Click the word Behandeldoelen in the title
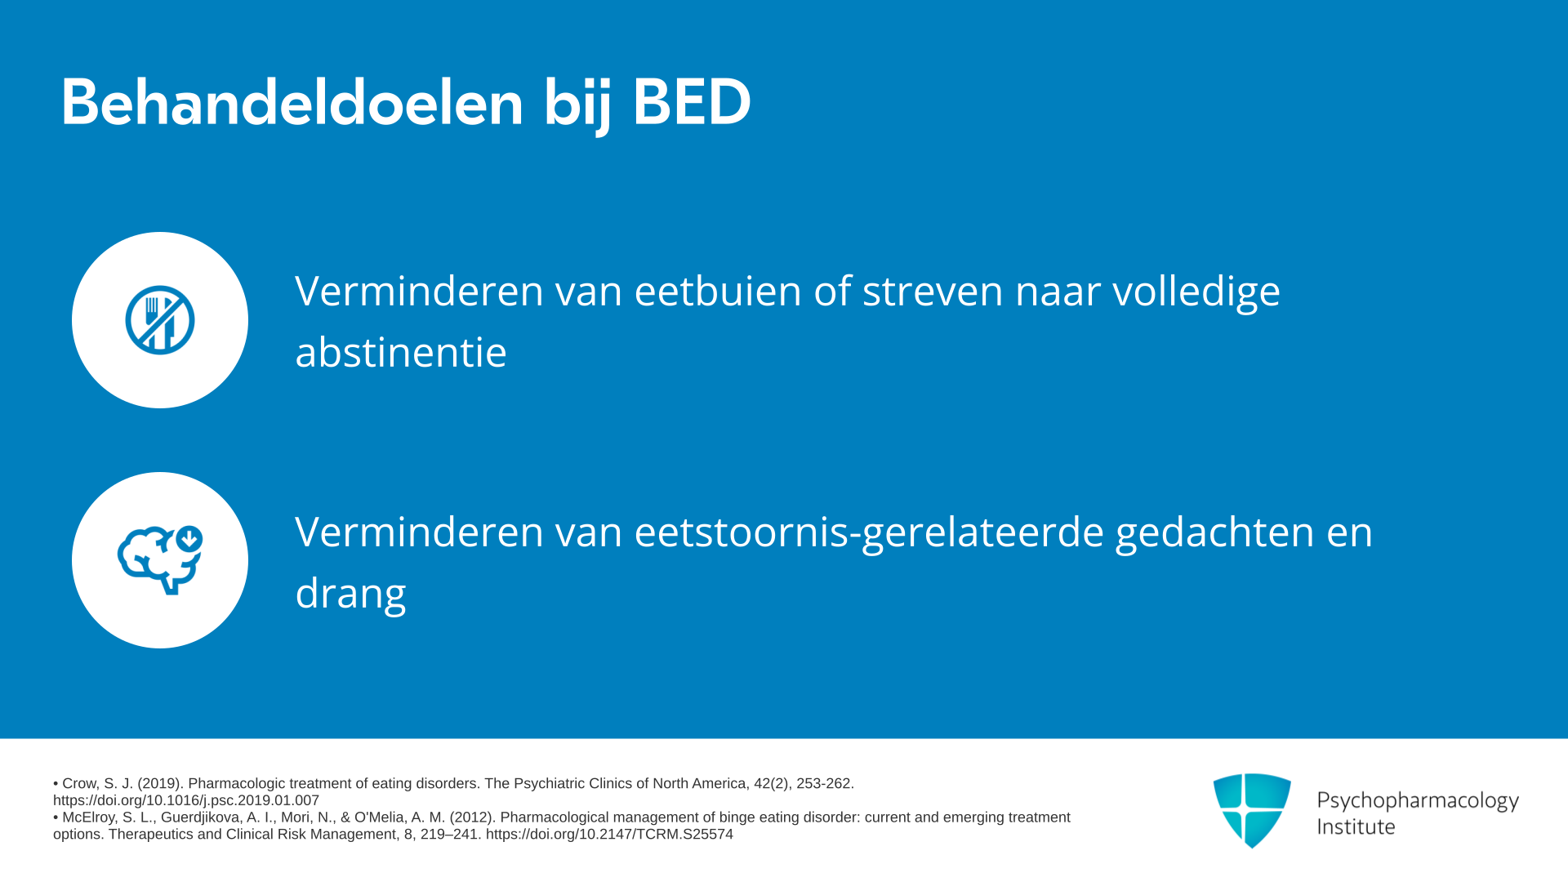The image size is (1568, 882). (292, 102)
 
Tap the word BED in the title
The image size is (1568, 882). (692, 102)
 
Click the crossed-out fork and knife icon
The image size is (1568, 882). (160, 320)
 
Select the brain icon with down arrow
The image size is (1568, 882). (160, 560)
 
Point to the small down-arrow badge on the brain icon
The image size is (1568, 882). (189, 539)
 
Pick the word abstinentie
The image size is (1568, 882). (401, 352)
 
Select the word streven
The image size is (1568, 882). (933, 292)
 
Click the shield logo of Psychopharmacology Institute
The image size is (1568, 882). (1252, 810)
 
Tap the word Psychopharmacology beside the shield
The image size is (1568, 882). (1418, 801)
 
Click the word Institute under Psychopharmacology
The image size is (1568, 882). (1356, 826)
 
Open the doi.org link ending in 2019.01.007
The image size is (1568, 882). (186, 800)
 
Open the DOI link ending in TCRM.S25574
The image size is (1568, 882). (609, 834)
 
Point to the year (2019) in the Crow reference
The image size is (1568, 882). (159, 783)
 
